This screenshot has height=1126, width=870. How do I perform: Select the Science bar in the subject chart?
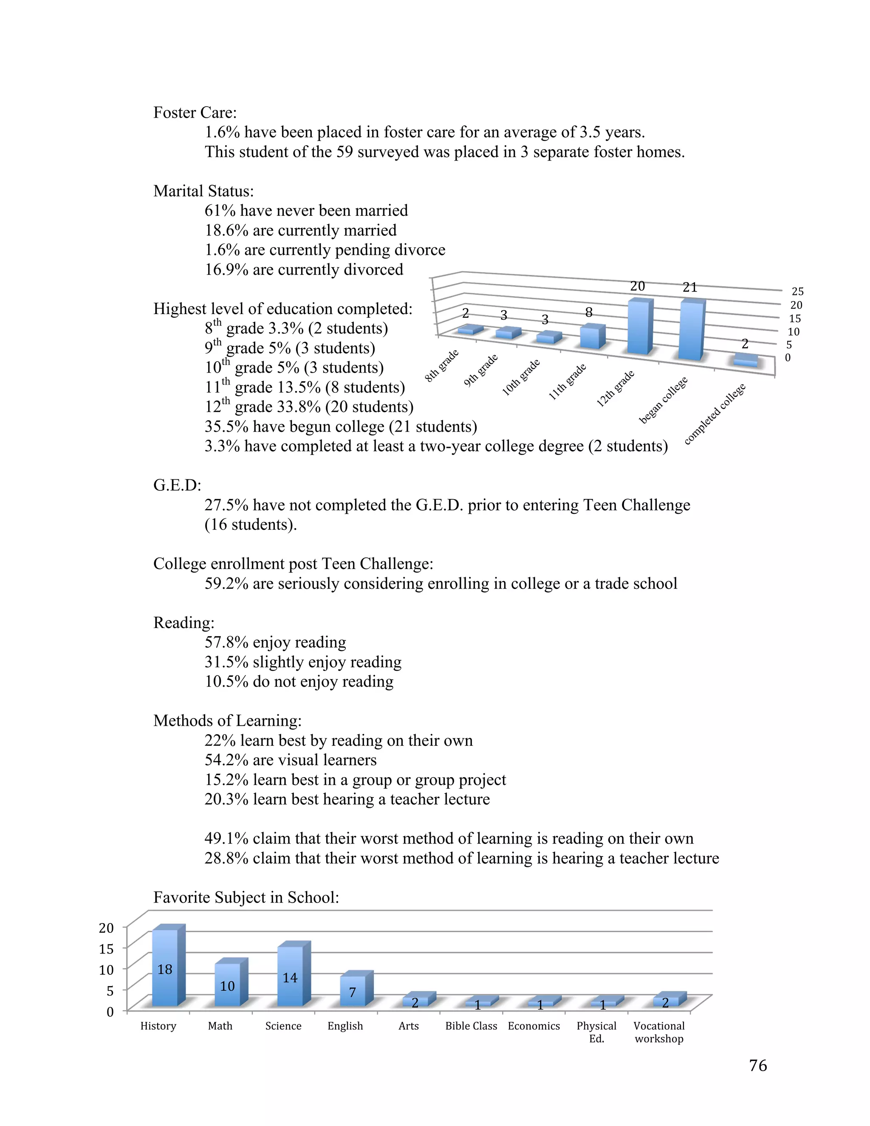(x=290, y=976)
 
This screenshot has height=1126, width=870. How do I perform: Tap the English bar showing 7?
(x=353, y=991)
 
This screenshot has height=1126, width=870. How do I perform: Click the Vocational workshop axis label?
(x=659, y=1032)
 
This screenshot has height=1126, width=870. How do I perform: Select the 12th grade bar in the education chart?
(x=638, y=327)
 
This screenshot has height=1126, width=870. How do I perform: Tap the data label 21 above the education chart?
(x=689, y=287)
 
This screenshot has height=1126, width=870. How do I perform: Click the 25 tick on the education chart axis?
(x=797, y=291)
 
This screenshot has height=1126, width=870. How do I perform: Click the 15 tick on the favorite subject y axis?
(x=106, y=949)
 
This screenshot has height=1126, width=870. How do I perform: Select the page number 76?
(x=758, y=1065)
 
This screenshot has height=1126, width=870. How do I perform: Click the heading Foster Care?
(x=195, y=113)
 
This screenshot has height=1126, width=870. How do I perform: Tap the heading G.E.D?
(x=177, y=485)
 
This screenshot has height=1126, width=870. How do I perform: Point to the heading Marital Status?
(x=203, y=191)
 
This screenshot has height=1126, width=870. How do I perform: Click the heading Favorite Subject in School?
(x=246, y=897)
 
